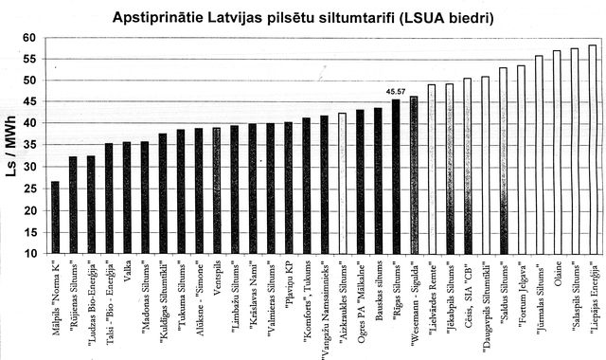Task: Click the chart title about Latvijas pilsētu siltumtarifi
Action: click(303, 17)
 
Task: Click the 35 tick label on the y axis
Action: click(29, 146)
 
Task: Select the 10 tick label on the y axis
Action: click(29, 254)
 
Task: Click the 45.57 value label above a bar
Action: click(396, 92)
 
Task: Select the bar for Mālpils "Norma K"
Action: click(55, 218)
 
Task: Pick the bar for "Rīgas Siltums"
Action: click(396, 176)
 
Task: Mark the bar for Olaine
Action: click(557, 152)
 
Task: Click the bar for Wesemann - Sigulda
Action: click(414, 175)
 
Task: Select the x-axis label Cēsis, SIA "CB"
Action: click(469, 288)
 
